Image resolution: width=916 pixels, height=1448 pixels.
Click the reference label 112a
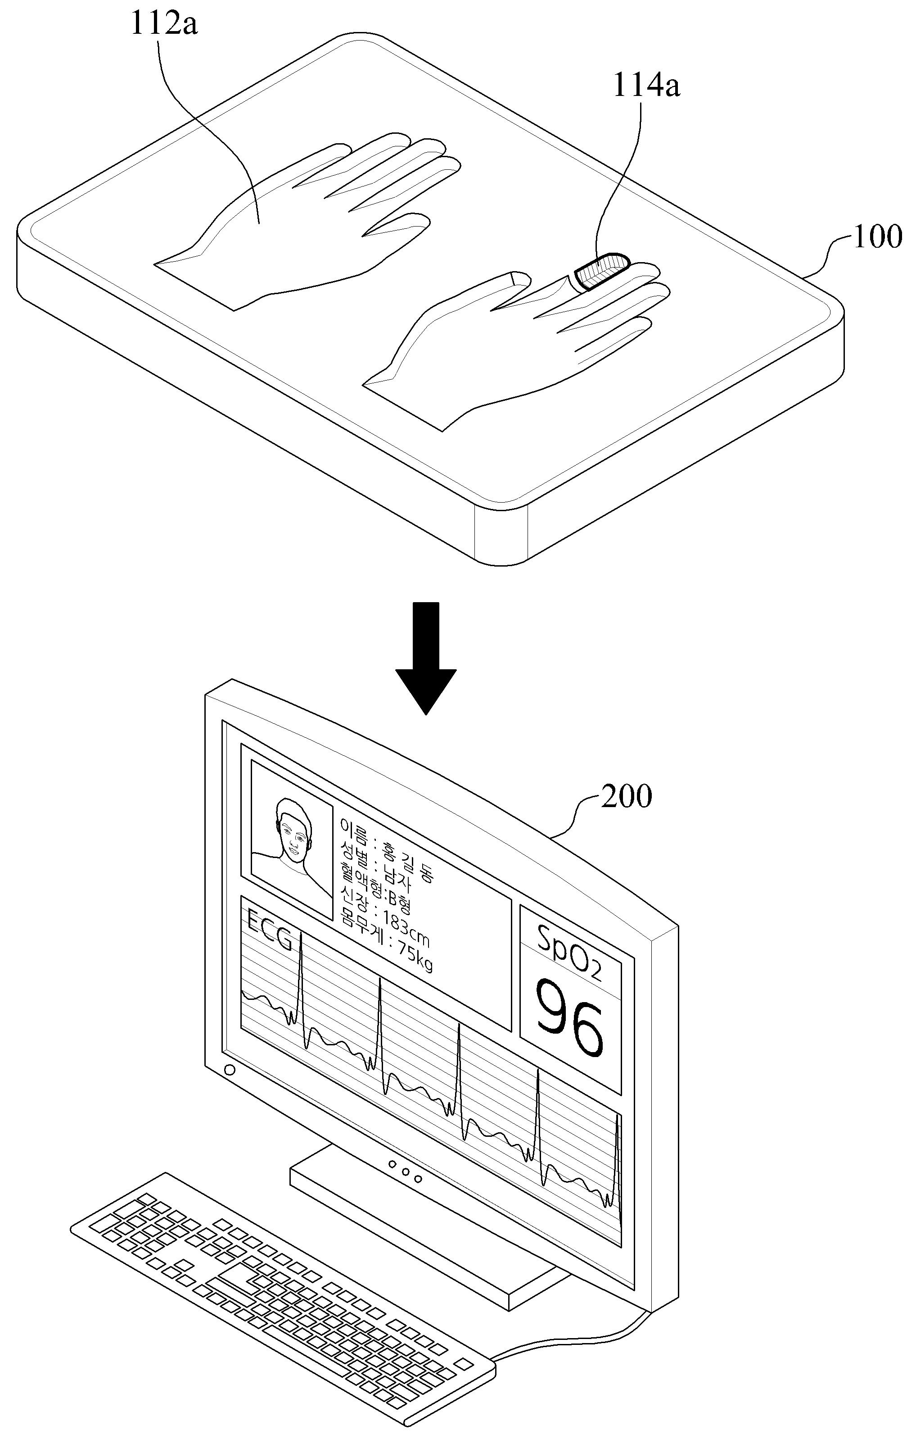point(165,26)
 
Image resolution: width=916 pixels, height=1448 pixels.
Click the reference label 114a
point(646,86)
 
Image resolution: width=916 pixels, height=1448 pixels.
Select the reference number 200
point(626,797)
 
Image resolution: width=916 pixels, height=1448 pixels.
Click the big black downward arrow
point(425,658)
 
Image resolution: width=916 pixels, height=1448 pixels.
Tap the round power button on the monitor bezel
point(229,1070)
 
